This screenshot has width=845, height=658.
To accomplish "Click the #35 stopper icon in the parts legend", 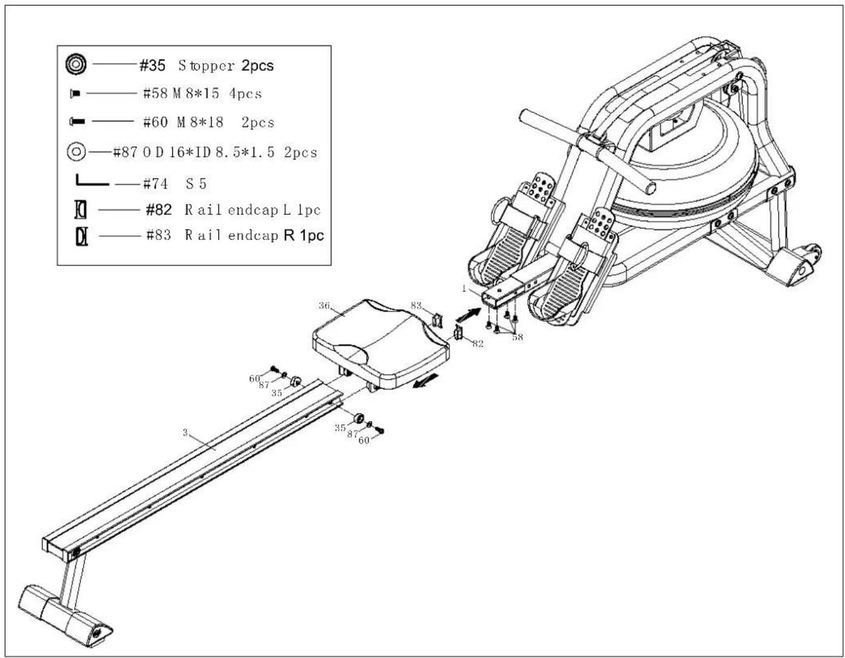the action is click(76, 64).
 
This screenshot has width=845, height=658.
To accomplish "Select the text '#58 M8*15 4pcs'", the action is click(202, 93).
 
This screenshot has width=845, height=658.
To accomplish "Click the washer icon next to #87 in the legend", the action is click(76, 151).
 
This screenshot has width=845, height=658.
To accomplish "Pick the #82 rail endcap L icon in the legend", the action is click(81, 209).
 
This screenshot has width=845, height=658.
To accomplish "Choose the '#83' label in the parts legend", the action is click(158, 235).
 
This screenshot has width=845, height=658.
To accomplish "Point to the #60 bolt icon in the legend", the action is click(77, 122).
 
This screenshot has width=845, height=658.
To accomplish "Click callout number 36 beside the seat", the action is click(324, 305).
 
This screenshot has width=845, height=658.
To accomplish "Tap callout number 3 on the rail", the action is click(185, 432).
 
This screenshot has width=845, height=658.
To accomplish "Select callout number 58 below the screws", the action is click(517, 337).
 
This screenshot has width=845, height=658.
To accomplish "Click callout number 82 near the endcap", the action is click(477, 343).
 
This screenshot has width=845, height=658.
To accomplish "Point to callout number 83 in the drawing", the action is click(416, 305).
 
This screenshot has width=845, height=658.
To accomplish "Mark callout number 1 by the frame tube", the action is click(464, 289).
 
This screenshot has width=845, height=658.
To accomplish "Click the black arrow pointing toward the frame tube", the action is click(468, 315).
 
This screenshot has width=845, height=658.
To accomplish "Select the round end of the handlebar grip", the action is click(650, 188).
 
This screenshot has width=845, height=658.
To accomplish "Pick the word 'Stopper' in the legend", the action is click(206, 66).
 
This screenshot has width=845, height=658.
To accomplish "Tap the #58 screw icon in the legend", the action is click(75, 93).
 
